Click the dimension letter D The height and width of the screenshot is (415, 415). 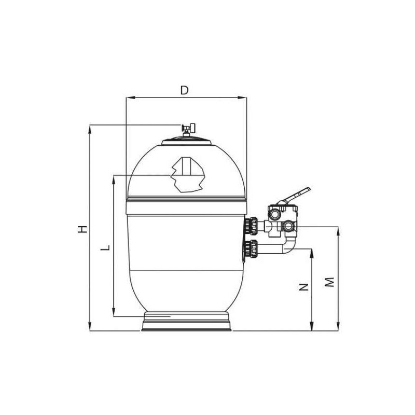(x=184, y=90)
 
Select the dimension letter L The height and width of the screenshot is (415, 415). (x=105, y=248)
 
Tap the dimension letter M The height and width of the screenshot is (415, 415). (x=330, y=282)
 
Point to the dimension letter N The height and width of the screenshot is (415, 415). (x=304, y=287)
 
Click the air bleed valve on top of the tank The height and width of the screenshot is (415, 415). (x=188, y=129)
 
